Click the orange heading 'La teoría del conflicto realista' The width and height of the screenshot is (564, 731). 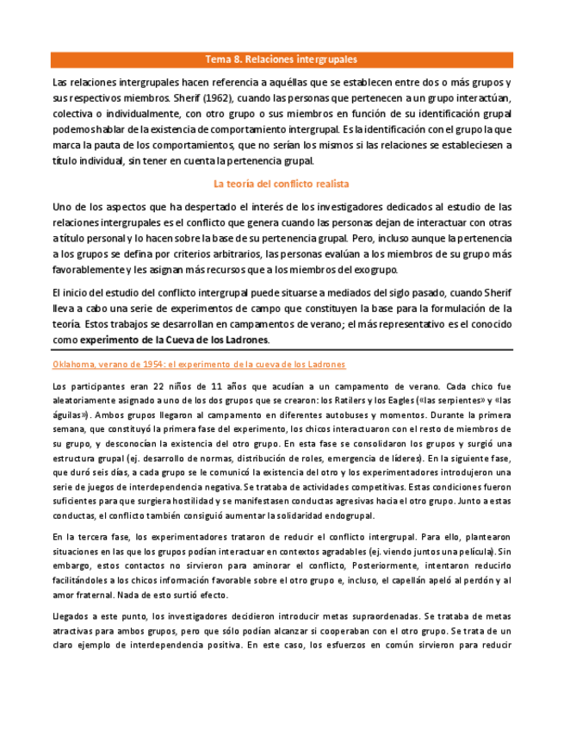(281, 184)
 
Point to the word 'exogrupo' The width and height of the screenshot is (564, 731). (387, 270)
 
